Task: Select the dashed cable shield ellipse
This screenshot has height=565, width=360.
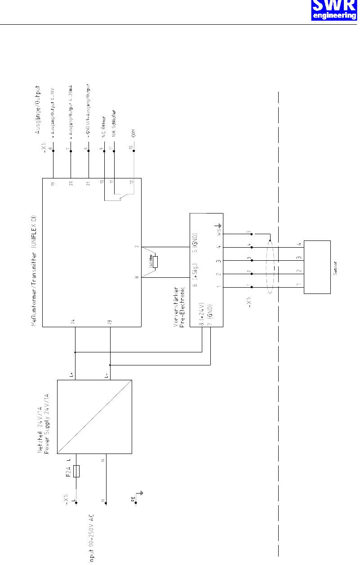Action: click(x=270, y=267)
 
